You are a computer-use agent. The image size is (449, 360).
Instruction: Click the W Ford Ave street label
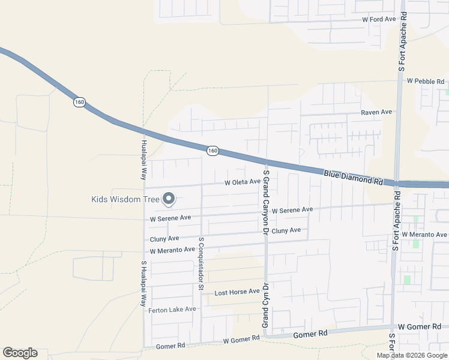(379, 19)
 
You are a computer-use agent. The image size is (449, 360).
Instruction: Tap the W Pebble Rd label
(425, 81)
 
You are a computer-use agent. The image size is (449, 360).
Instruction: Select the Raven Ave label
(376, 112)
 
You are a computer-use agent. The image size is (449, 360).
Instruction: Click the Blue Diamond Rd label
(353, 176)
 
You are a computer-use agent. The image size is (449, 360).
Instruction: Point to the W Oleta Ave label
(243, 182)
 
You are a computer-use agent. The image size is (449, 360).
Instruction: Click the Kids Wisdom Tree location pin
(169, 198)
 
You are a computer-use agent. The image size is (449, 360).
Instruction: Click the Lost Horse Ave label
(237, 292)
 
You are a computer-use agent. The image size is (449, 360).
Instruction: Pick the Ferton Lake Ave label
(172, 309)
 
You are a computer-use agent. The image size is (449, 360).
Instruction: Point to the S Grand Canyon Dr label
(265, 201)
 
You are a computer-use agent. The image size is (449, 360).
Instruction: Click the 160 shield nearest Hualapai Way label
(212, 151)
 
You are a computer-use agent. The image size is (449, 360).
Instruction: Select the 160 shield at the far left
(79, 102)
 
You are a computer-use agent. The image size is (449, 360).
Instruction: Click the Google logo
(20, 353)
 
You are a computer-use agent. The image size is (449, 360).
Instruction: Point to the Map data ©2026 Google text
(412, 355)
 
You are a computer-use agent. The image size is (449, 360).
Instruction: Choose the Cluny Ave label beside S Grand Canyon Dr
(286, 230)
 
